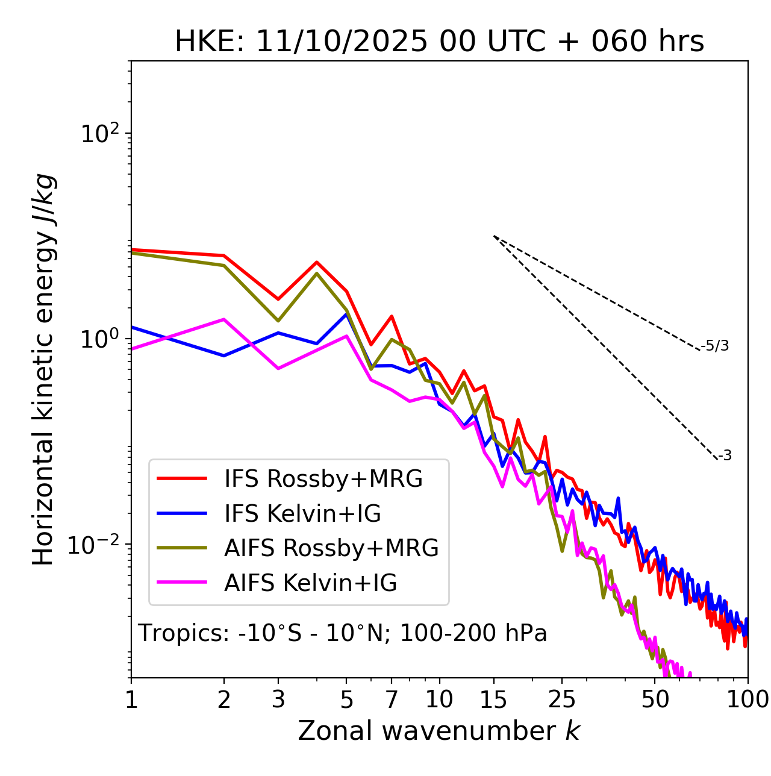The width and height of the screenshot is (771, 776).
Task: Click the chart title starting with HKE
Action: coord(439,42)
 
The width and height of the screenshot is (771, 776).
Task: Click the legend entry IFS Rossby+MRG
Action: coord(323,479)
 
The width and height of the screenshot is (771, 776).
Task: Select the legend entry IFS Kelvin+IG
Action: coord(302,514)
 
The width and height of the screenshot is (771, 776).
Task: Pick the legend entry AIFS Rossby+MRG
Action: coord(331,548)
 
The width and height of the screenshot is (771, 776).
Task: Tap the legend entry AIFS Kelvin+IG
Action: coord(310,583)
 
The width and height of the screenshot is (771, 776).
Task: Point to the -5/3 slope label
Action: coord(715,346)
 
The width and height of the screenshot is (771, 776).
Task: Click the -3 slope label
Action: coord(725,456)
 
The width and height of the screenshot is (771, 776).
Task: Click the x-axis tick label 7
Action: coord(392,699)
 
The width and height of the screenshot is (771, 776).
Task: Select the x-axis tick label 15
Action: coord(493,699)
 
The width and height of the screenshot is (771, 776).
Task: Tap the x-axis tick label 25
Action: coord(562,699)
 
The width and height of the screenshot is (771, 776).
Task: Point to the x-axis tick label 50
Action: coord(655,699)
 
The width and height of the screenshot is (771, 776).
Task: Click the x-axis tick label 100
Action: coord(748,699)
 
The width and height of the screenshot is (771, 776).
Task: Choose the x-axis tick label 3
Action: coord(278,699)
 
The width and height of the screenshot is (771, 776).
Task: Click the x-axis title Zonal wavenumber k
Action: coord(439,731)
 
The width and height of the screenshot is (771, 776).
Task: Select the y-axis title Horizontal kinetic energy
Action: coord(44,369)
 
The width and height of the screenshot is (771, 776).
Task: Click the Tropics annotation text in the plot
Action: coord(342,633)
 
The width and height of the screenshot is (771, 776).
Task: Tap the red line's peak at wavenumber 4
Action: coord(317,262)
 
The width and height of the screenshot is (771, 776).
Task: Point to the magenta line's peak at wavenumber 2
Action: coord(224,319)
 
